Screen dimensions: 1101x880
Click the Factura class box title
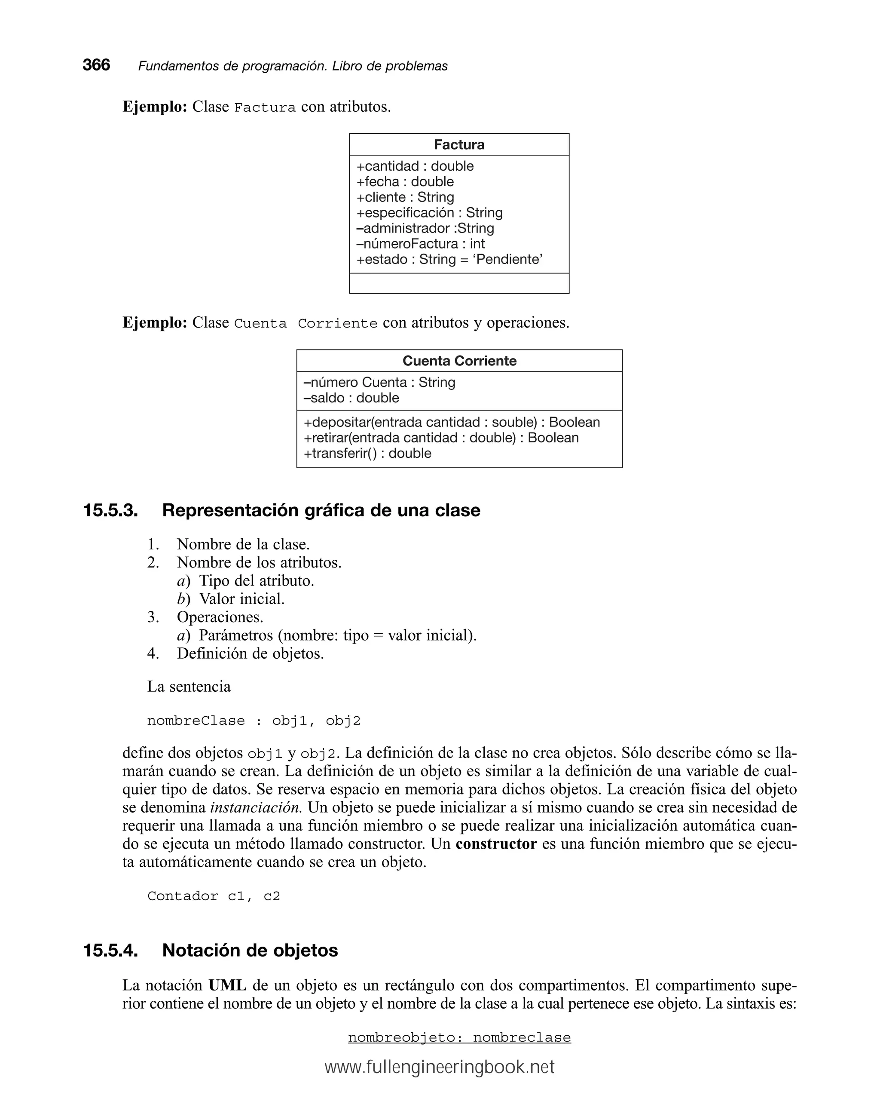pos(458,144)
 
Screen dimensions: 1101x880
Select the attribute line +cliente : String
pos(405,197)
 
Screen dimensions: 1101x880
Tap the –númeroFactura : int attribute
pos(420,244)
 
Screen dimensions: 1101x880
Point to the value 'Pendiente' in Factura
pos(507,259)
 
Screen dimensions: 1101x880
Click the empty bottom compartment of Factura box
pos(458,283)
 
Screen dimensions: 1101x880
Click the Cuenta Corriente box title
pos(459,361)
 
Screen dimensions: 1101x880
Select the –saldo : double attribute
pos(351,398)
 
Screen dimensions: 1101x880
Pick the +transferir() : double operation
pos(367,454)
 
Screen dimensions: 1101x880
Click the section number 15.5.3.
pos(110,510)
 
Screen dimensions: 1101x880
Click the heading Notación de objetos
pos(250,951)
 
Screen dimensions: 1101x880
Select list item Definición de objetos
pos(250,653)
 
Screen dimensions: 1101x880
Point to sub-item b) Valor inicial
pos(231,598)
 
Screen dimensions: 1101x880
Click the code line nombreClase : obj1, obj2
pos(253,721)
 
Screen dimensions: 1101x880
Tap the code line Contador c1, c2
pos(214,896)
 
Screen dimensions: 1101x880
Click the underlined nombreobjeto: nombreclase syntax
pos(459,1038)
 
